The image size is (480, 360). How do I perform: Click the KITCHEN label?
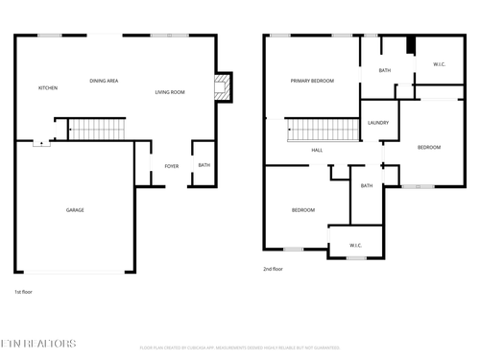[x=48, y=87]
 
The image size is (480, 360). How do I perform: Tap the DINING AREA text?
[x=104, y=81]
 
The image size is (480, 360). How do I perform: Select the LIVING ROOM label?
[x=170, y=92]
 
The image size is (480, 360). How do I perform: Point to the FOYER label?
[x=172, y=166]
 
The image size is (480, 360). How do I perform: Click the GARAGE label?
[x=74, y=210]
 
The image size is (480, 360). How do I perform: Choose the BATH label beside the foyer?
[x=204, y=165]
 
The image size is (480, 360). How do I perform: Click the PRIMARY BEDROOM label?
[x=312, y=81]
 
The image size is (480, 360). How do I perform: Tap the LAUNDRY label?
[x=377, y=123]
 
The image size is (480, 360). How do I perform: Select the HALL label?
[x=317, y=151]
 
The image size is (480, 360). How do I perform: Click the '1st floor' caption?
[x=24, y=291]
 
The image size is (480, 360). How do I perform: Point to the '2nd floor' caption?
[x=273, y=269]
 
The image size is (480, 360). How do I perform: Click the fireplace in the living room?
[x=222, y=88]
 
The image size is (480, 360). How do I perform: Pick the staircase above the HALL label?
[x=316, y=130]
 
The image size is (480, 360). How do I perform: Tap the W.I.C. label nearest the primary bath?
[x=439, y=65]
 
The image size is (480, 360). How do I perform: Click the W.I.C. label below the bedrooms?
[x=354, y=246]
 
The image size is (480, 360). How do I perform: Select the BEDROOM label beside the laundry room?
[x=428, y=147]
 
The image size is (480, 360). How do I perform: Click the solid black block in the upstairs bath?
[x=410, y=45]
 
